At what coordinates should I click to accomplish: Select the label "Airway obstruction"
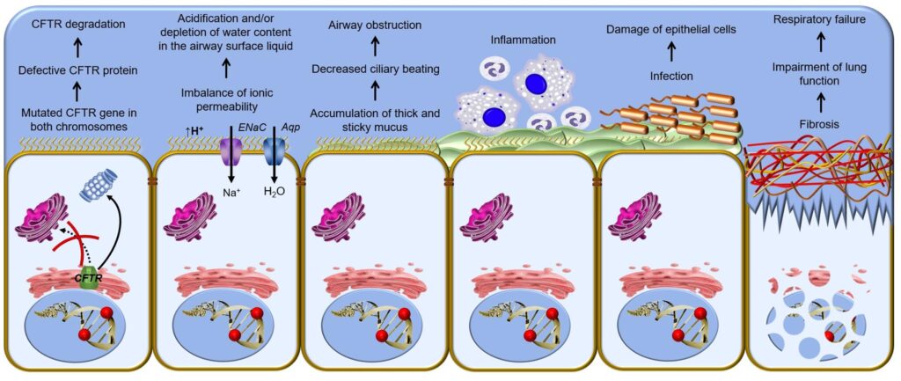pyautogui.click(x=374, y=26)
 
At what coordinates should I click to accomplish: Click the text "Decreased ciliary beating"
pyautogui.click(x=375, y=70)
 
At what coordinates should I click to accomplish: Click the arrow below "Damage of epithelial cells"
pyautogui.click(x=670, y=53)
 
